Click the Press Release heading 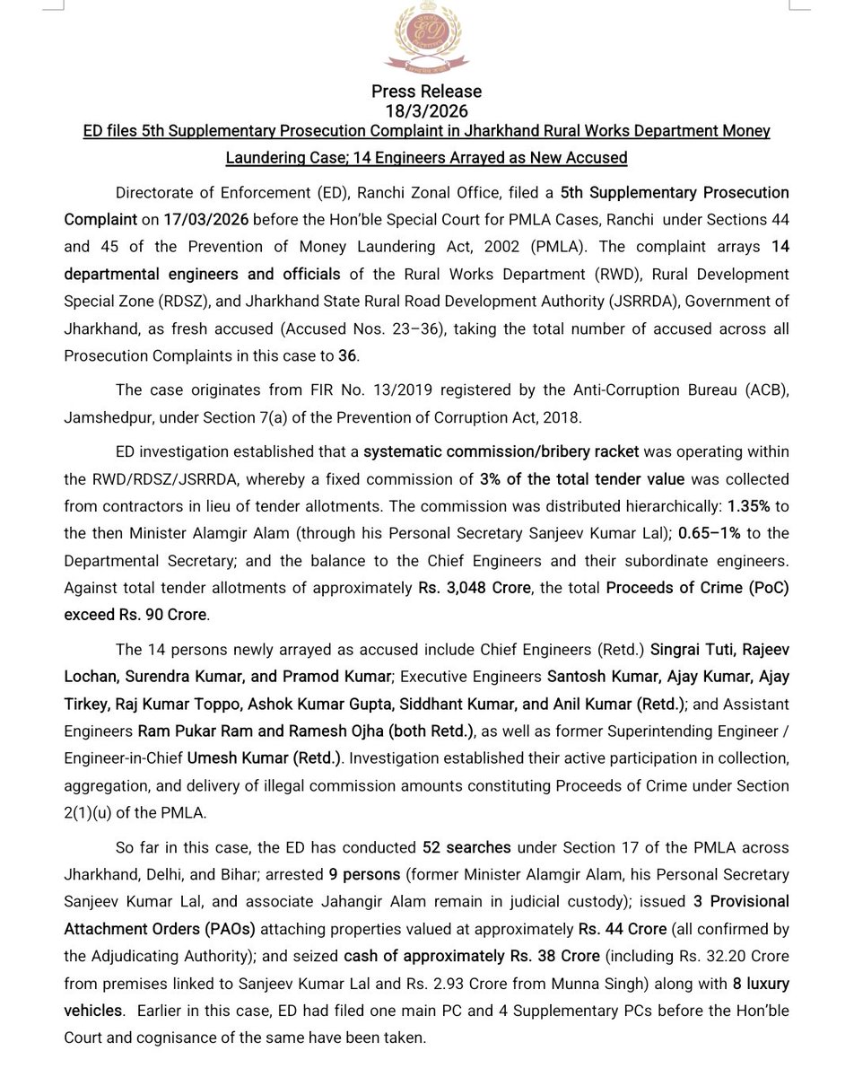[427, 92]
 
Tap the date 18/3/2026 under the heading [427, 110]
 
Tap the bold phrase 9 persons [371, 874]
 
